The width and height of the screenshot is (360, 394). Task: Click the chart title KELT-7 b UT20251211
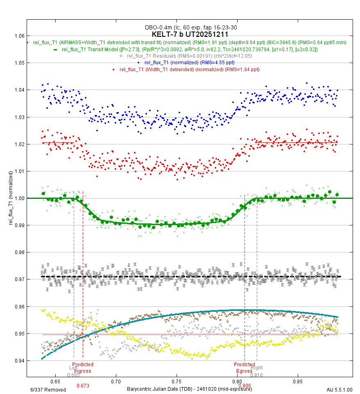coord(190,34)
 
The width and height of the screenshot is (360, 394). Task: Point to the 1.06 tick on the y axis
coord(19,36)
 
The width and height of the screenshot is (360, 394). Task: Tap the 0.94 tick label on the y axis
coord(19,361)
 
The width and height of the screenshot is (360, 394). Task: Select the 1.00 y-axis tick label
coord(19,198)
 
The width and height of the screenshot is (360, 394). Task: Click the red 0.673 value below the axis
coord(83,386)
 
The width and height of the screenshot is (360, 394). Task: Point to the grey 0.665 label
coord(73,375)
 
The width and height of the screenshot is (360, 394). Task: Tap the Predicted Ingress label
coord(83,368)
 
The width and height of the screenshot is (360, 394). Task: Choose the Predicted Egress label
coord(244,368)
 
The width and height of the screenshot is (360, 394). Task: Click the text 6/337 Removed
coord(48,389)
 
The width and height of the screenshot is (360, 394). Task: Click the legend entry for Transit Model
coord(189,49)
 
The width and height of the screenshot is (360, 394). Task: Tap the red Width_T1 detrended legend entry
coord(189,69)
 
